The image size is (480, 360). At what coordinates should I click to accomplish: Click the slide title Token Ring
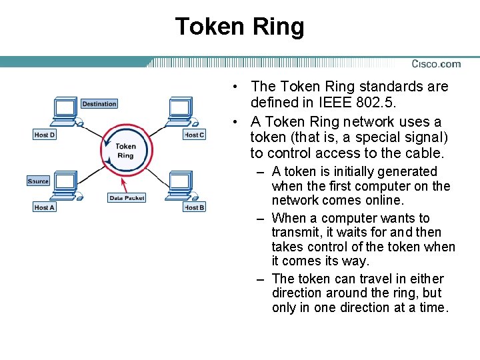click(x=239, y=27)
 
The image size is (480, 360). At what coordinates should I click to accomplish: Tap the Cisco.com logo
click(x=436, y=64)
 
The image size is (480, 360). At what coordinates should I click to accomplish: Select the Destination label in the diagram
click(x=99, y=104)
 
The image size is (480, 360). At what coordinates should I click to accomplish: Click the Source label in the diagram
click(x=38, y=181)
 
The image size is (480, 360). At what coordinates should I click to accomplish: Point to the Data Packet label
click(x=127, y=198)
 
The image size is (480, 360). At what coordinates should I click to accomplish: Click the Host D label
click(x=45, y=135)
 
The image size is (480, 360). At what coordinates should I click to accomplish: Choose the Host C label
click(x=194, y=135)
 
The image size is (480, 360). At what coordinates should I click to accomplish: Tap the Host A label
click(x=45, y=207)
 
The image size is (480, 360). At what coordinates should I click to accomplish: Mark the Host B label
click(x=194, y=207)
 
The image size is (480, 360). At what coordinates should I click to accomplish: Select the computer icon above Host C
click(x=180, y=110)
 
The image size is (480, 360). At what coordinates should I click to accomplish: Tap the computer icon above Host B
click(x=180, y=184)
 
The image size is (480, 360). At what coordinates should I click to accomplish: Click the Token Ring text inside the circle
click(x=125, y=151)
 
